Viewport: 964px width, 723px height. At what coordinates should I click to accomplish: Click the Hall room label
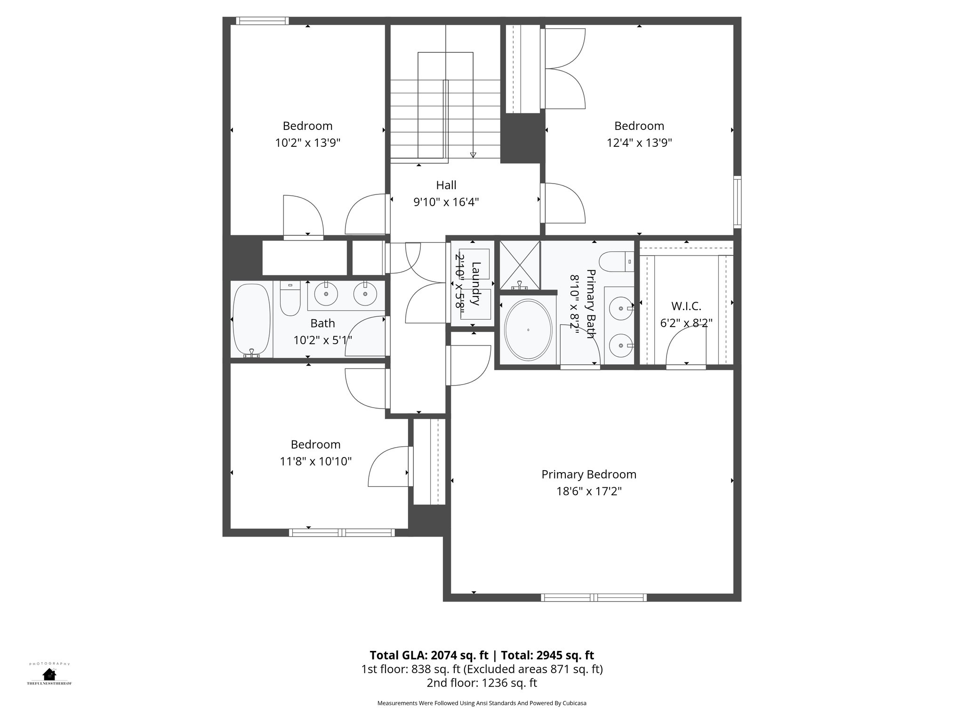446,185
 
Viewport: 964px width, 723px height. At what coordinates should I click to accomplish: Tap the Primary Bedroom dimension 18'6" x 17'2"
589,491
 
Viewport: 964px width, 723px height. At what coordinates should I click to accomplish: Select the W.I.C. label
686,306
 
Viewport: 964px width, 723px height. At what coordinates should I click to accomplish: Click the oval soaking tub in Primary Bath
528,330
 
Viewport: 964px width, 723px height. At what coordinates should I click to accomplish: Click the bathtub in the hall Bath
252,320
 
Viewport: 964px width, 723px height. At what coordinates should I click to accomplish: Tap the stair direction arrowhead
473,155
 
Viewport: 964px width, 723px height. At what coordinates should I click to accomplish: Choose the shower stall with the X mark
519,265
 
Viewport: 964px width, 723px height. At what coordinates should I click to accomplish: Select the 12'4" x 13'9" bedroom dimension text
639,143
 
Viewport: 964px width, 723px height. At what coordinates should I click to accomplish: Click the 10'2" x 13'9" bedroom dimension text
307,143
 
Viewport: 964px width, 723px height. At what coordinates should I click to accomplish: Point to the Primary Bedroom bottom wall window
594,597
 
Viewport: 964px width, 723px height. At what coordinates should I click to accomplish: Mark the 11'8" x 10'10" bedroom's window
342,532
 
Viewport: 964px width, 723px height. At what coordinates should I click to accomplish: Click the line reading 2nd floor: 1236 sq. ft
482,683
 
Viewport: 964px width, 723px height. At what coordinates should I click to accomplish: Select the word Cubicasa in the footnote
574,703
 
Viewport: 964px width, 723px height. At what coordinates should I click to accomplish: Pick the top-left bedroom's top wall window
262,21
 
